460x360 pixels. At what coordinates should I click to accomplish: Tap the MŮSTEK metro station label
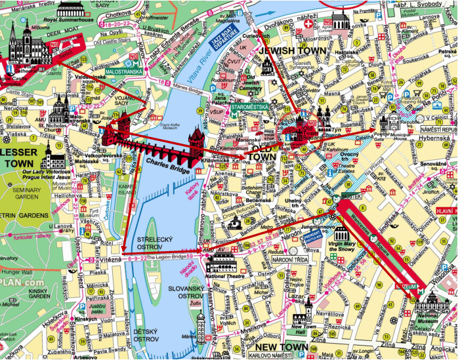point(356,187)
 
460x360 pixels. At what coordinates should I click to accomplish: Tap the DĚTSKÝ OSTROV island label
point(146,336)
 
